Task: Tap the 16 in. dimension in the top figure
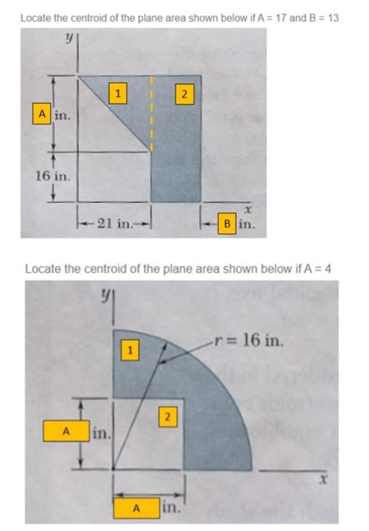53,176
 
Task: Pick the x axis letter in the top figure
248,210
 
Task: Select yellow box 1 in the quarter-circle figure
130,351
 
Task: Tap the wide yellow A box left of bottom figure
66,431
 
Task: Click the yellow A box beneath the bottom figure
136,508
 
